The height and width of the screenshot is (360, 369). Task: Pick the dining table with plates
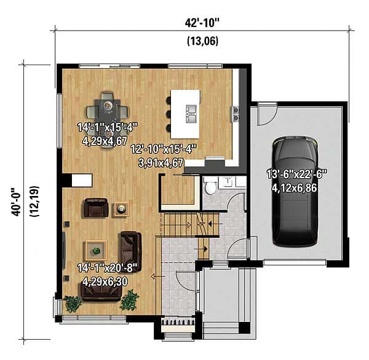tap(108, 109)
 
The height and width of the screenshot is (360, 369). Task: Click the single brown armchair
tap(95, 208)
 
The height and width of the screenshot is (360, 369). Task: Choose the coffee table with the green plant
tap(95, 249)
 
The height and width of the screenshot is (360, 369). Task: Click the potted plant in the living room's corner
tap(130, 300)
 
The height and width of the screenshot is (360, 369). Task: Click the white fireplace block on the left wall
tap(81, 179)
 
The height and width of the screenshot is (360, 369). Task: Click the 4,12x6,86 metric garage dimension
tap(294, 187)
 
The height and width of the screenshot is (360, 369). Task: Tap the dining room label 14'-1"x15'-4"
tap(107, 127)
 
